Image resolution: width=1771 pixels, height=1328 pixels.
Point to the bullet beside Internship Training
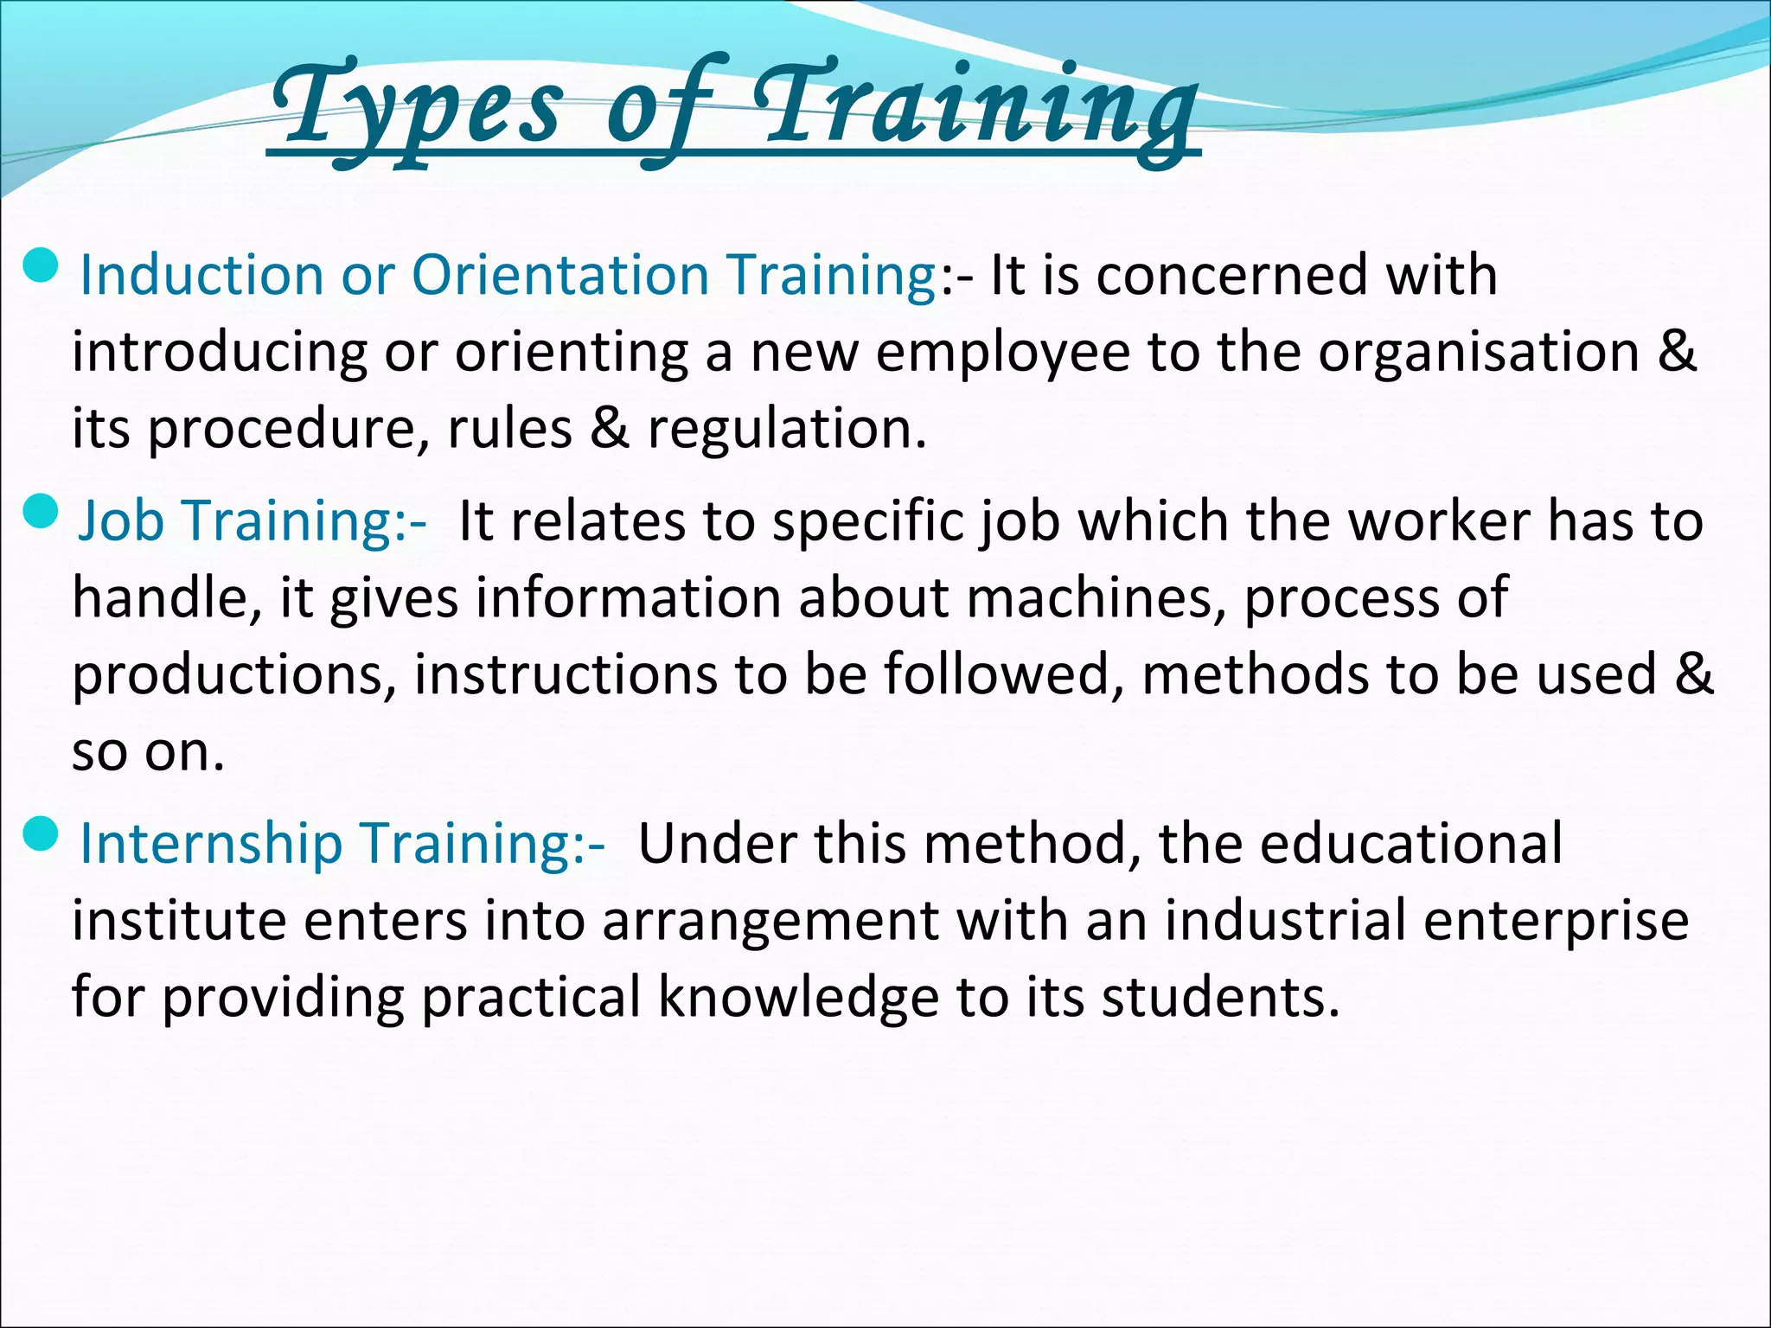41,835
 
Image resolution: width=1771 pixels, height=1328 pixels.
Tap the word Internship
211,843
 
